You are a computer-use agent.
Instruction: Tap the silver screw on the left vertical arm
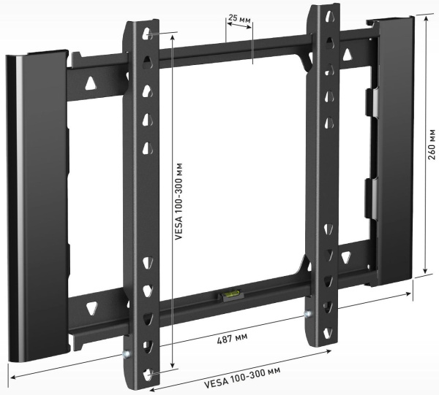click(x=127, y=356)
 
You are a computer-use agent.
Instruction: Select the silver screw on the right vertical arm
click(x=308, y=316)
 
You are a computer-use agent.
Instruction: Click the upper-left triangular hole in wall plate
click(x=91, y=83)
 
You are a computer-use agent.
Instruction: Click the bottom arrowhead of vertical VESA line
click(x=173, y=369)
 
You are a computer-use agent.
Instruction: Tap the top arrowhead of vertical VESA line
click(x=172, y=35)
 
